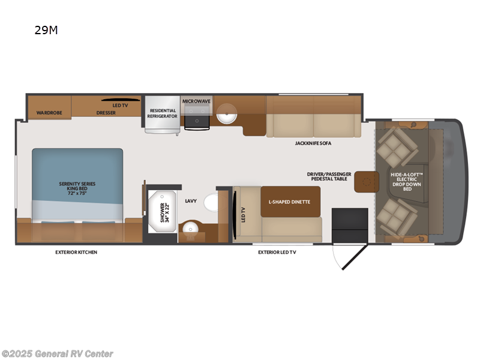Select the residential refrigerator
point(163,113)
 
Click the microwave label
point(197,101)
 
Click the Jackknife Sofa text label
point(313,143)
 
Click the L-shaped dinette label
point(289,202)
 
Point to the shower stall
point(161,212)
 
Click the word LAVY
point(191,202)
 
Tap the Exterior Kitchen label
point(76,252)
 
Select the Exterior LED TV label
point(277,252)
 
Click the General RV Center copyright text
point(57,354)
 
